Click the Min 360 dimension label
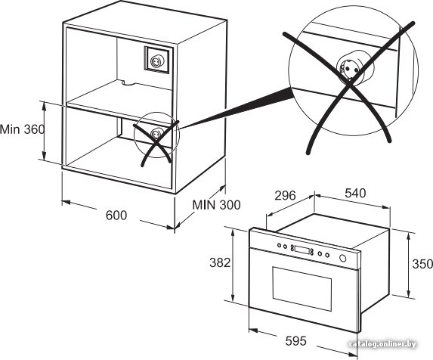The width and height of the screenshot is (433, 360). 22,129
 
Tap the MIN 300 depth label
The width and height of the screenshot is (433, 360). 216,205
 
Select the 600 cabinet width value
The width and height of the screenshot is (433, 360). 116,216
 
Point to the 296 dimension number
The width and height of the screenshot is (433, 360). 285,195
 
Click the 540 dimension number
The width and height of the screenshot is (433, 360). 355,193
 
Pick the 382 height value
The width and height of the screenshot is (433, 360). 220,262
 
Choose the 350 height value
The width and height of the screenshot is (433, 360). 422,264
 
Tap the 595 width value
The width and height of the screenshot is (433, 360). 295,340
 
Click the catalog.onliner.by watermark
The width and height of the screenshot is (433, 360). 382,344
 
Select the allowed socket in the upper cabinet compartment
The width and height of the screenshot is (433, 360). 156,61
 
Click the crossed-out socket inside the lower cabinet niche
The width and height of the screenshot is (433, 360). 155,134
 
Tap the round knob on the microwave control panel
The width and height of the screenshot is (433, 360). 343,258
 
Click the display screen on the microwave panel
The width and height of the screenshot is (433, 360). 302,250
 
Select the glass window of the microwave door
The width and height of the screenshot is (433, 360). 302,289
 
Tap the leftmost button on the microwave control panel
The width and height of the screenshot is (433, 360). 280,245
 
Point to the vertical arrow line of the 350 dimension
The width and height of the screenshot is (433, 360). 409,265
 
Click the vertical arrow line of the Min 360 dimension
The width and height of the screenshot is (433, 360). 44,130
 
